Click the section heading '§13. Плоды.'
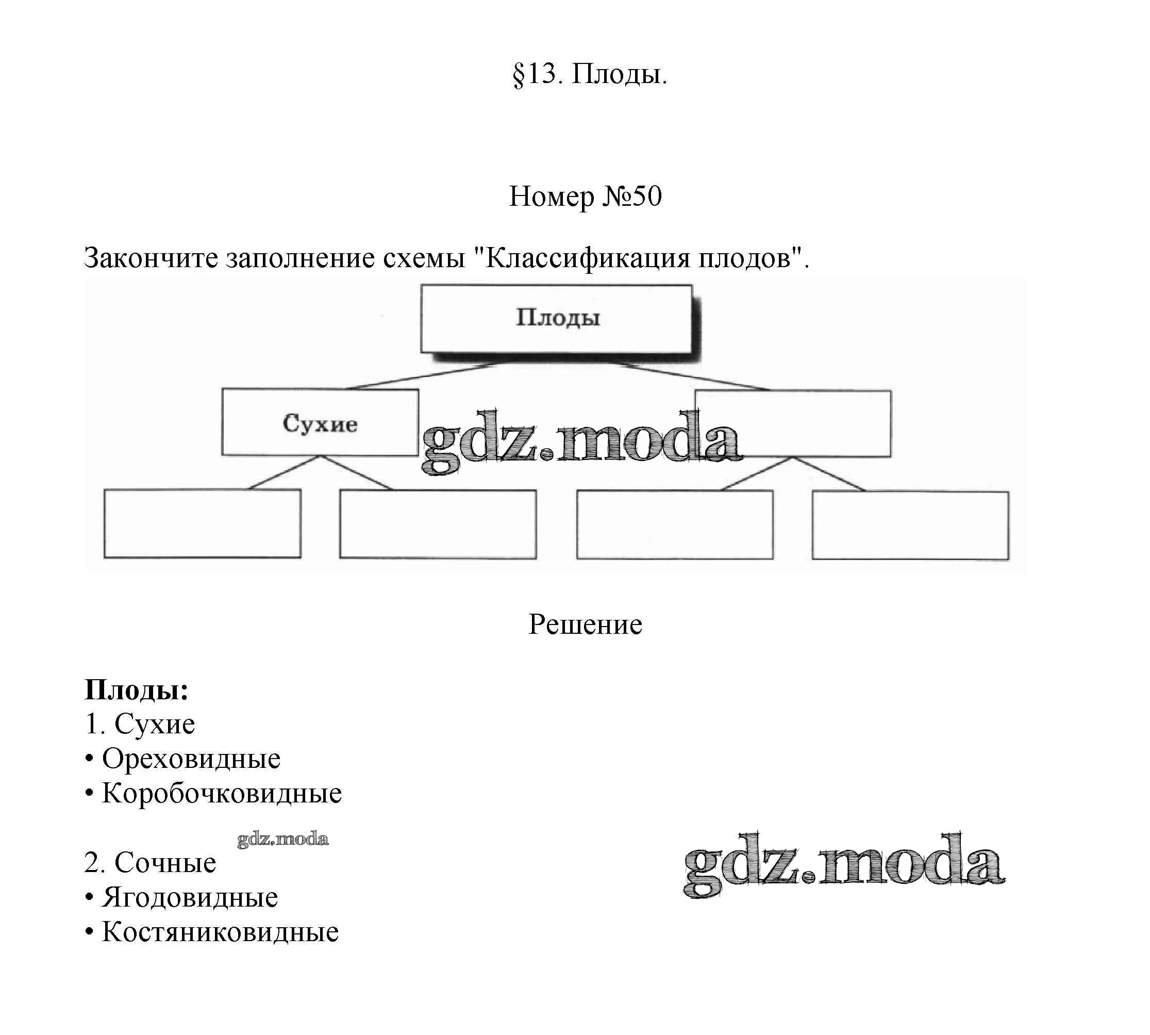590,74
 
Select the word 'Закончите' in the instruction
151,258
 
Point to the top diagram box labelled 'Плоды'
556,319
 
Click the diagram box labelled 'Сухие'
320,422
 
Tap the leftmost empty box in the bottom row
203,523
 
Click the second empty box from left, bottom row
438,524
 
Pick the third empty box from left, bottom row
675,524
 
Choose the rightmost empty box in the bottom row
910,525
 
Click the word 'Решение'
585,625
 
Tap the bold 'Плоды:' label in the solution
137,690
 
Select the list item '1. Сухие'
140,724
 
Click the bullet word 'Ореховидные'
191,759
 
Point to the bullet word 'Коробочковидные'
222,793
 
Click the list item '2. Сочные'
150,863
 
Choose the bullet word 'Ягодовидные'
190,897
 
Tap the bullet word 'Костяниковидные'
220,931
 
